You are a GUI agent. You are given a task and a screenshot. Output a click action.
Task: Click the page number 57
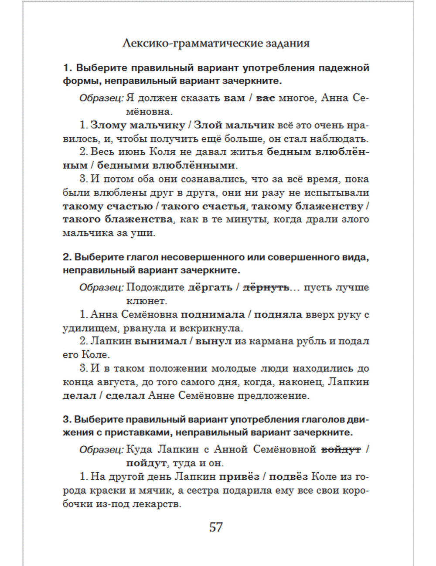point(216,527)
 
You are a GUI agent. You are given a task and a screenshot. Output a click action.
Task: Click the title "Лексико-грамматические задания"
point(216,44)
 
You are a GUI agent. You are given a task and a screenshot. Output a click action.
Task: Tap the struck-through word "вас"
point(265,98)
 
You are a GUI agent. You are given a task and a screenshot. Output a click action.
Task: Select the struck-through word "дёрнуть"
point(266,287)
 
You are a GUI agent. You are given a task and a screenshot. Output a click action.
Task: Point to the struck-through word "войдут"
point(341,449)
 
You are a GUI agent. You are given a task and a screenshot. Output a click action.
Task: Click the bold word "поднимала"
point(213,314)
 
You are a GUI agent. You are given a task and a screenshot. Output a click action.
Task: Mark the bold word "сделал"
point(126,396)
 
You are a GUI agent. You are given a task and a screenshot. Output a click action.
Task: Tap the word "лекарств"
point(158,504)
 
